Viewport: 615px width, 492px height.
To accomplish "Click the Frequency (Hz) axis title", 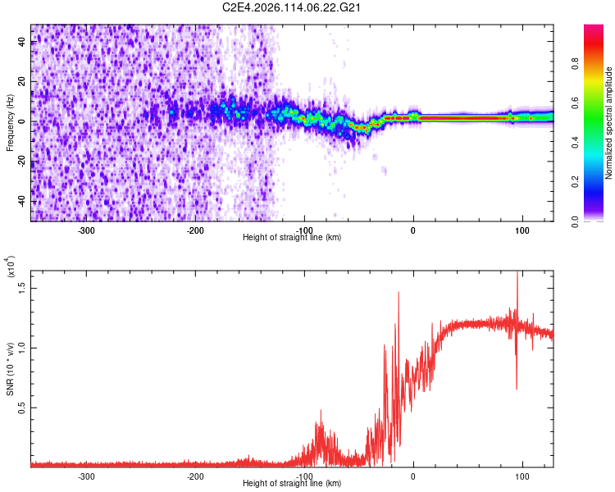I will [10, 124].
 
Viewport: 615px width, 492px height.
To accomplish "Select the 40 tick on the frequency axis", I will [23, 43].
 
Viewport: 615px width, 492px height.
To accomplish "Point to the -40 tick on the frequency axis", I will [21, 202].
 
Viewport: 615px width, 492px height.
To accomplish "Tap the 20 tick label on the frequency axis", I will [23, 82].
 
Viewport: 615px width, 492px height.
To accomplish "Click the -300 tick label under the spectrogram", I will [86, 230].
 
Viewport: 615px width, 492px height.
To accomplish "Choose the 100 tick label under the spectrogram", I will [522, 230].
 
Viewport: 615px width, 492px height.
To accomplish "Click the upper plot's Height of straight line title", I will [292, 238].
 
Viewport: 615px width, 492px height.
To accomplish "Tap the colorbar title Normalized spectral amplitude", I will [608, 124].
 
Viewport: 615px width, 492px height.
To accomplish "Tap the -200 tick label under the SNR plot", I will [195, 476].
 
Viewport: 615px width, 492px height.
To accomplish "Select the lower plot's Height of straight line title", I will [292, 484].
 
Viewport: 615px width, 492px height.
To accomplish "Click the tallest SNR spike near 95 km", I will [517, 273].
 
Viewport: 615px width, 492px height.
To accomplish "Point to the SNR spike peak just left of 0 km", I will [399, 293].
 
